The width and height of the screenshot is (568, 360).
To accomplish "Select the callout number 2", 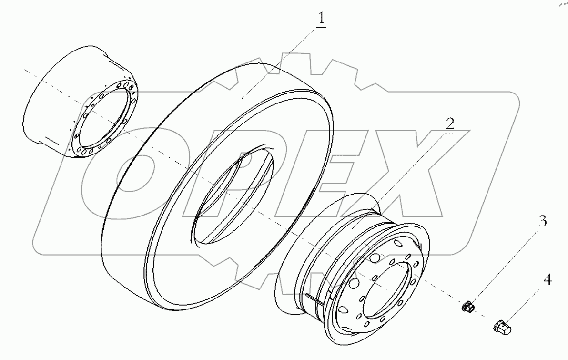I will pos(450,123).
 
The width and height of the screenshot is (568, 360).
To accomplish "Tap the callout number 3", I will pos(542,223).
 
